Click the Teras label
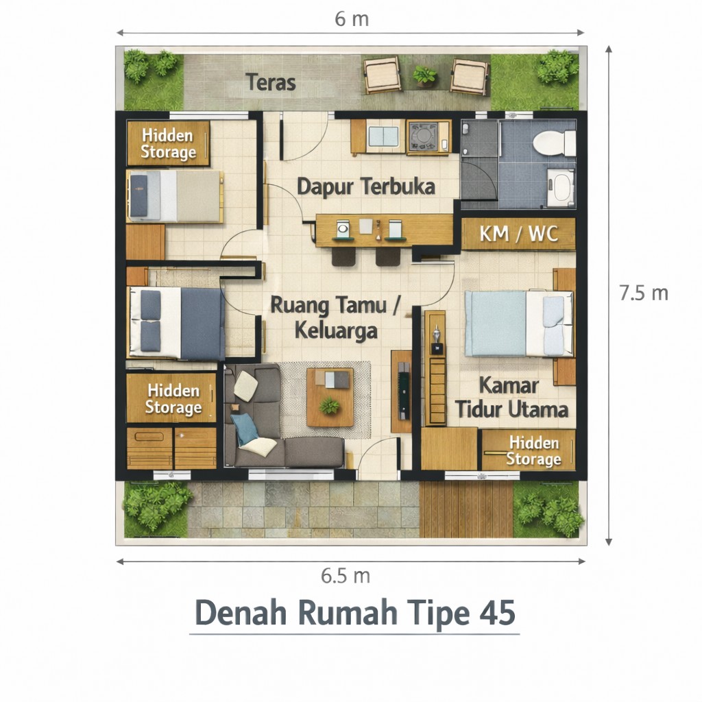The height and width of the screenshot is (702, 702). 271,83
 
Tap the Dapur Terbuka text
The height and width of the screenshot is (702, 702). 366,186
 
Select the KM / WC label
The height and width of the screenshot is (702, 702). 518,234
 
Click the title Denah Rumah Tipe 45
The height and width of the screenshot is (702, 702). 354,612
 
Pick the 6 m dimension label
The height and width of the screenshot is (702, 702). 352,19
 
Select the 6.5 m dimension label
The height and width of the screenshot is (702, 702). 346,576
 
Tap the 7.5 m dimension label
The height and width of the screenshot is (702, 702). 643,293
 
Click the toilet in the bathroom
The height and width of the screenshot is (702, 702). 554,143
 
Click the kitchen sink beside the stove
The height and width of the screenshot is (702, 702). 384,136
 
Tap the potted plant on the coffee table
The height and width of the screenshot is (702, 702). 330,406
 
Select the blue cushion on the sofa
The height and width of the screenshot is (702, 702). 245,428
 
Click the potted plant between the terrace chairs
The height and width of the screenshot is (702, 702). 425,75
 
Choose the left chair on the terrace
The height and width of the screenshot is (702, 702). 382,75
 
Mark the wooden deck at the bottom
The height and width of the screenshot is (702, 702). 465,510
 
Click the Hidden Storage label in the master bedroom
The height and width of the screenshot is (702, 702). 533,451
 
